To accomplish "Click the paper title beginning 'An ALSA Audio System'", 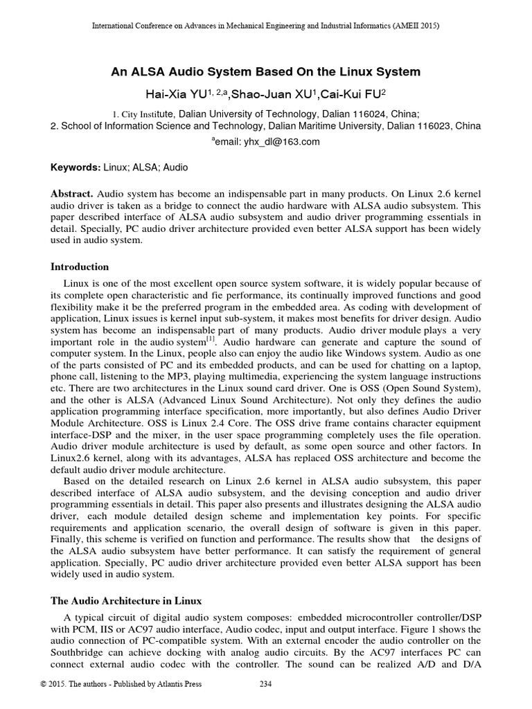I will point(266,72).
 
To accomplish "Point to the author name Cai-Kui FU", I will point(353,92).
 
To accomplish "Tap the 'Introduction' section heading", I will point(80,267).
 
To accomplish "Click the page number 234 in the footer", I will point(265,699).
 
